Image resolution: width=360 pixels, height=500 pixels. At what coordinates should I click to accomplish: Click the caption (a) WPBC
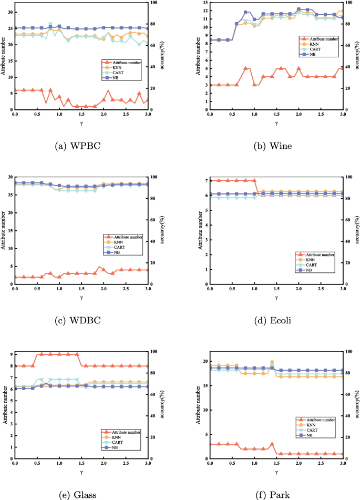(81, 146)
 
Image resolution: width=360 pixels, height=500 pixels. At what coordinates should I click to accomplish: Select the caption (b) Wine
(276, 146)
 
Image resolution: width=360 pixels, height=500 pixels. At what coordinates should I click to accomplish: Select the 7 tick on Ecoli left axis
(205, 181)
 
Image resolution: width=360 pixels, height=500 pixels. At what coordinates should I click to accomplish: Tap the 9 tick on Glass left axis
(11, 354)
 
